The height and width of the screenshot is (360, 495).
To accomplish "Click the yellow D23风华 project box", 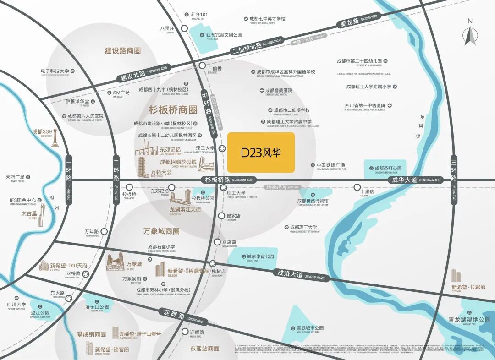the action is (261, 153).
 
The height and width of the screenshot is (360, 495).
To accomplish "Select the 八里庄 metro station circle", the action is (184, 28).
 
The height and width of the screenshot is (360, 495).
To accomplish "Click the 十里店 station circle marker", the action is (357, 187).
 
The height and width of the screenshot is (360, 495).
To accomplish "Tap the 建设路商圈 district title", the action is (122, 51).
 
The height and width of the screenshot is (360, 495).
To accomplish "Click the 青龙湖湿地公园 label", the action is (469, 319).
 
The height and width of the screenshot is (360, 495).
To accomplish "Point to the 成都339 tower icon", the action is (55, 138).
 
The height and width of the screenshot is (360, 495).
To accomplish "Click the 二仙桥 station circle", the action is (202, 67).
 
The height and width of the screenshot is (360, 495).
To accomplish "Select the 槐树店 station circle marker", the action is (213, 263).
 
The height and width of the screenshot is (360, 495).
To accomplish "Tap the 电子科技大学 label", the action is (55, 71).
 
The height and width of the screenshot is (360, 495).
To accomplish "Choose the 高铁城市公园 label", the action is (310, 328).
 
